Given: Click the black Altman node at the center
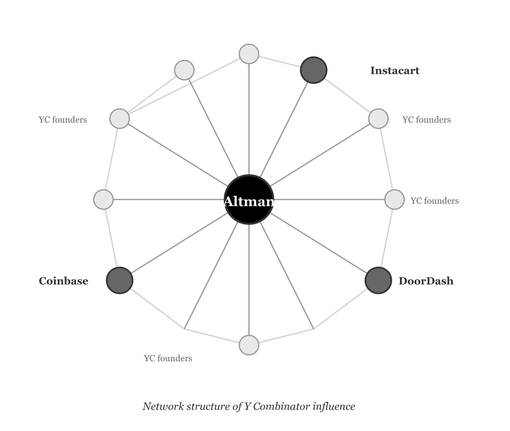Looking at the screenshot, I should coord(249,200).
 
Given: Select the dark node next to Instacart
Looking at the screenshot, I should coord(313,70).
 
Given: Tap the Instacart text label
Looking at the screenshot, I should coord(394,71).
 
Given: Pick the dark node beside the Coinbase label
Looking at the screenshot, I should coord(119,281).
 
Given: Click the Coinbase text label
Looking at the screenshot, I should coord(63,281).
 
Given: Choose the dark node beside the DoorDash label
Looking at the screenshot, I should coord(378,281).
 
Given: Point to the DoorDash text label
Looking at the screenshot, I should coord(426,281).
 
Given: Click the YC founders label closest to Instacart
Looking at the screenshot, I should coord(427,120).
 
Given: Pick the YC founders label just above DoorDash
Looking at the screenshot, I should coord(434,201).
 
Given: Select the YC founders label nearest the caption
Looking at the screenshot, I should coord(168,359).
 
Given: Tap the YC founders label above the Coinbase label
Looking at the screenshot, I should coord(63,120).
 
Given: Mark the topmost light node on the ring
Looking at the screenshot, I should coord(249,54).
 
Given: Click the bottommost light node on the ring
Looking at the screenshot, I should coord(249,345).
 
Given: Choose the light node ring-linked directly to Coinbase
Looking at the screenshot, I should coord(103,199).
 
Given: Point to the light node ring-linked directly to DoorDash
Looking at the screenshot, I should coord(394,199).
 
